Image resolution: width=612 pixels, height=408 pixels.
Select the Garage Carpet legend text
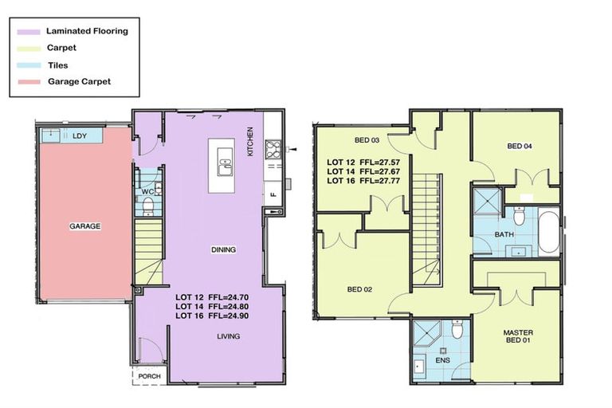tap(78, 82)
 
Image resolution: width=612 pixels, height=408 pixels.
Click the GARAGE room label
tap(84, 226)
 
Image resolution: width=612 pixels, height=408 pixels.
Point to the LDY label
tap(79, 136)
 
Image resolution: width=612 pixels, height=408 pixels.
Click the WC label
tap(147, 192)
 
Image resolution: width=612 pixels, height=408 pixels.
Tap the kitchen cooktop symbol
tap(274, 147)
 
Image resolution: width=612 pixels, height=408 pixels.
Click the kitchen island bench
tap(226, 166)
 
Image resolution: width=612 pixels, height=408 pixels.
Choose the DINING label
tap(223, 250)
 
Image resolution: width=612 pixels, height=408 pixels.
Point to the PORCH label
tap(149, 377)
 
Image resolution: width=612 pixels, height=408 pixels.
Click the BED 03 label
tap(366, 140)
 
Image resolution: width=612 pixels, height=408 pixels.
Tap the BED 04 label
tap(519, 146)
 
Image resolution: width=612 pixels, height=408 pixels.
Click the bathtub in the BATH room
tap(549, 232)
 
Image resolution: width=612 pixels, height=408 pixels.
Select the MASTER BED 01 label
tap(518, 337)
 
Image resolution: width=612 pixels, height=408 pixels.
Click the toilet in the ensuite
tap(457, 328)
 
